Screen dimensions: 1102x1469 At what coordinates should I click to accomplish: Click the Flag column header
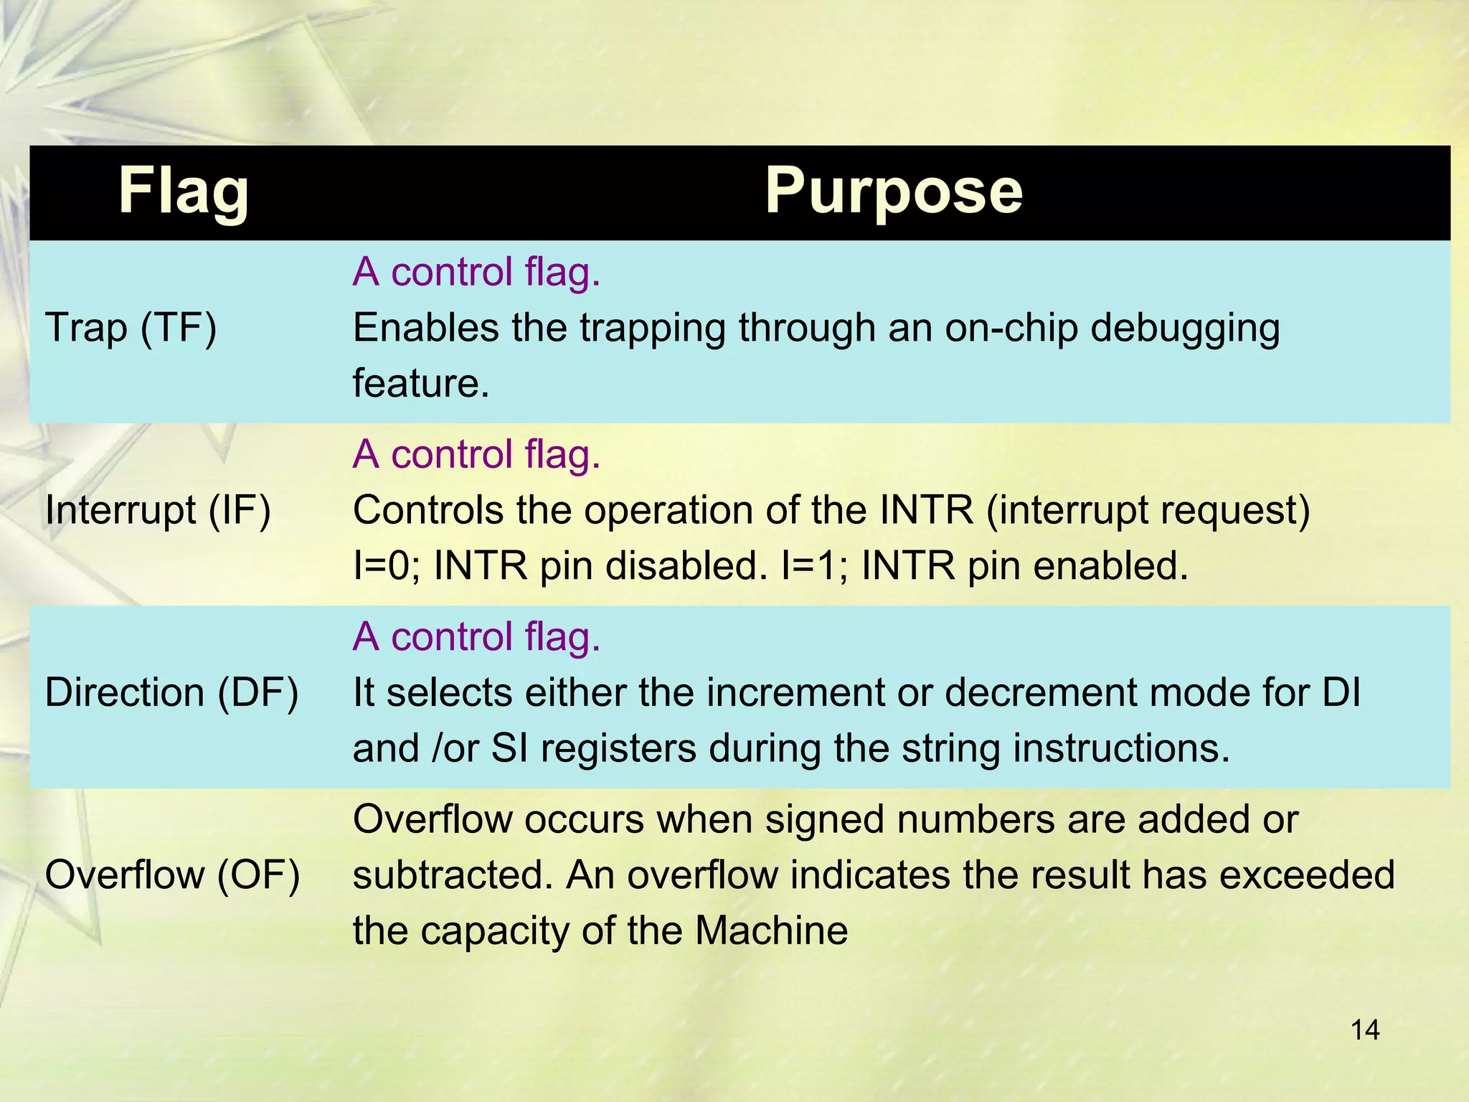[x=184, y=191]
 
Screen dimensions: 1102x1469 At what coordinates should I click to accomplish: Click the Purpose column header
[x=893, y=191]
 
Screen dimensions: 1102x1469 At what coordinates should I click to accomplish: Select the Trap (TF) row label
[x=131, y=328]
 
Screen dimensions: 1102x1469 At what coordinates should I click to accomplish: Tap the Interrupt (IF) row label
[x=158, y=510]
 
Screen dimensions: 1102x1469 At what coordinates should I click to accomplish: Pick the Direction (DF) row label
[x=171, y=692]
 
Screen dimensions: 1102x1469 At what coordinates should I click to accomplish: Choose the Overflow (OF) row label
[x=172, y=875]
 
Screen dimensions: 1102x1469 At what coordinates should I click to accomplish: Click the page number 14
[x=1364, y=1030]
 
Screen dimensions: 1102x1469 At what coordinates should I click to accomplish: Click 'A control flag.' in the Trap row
[x=476, y=272]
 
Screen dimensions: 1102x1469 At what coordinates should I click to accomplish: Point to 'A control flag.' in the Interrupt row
[x=476, y=454]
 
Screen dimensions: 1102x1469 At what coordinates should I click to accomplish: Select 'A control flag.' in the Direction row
[x=476, y=636]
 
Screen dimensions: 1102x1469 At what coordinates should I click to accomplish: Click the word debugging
[x=1185, y=329]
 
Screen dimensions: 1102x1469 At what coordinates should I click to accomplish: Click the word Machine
[x=771, y=931]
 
